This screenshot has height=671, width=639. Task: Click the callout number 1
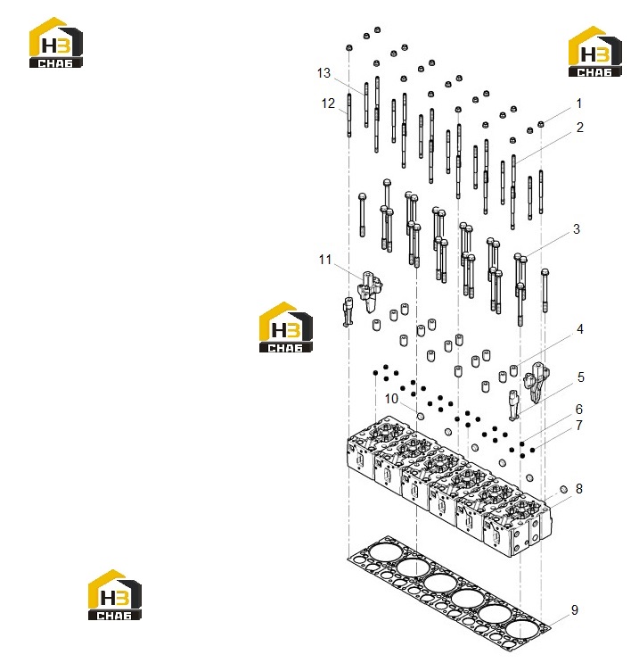(x=579, y=104)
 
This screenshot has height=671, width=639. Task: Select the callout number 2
(x=579, y=128)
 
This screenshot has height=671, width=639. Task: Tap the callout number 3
(x=577, y=229)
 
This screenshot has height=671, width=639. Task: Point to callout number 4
(x=580, y=329)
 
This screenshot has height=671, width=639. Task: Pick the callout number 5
(x=581, y=377)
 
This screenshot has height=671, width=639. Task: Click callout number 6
(x=579, y=409)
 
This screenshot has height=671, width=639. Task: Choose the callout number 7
(x=579, y=426)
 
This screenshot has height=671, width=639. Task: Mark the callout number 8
(x=579, y=489)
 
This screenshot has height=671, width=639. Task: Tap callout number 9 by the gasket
(x=575, y=609)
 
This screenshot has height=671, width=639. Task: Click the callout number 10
(x=391, y=399)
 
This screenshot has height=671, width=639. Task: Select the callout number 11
(x=325, y=260)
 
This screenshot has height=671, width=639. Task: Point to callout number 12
(x=328, y=104)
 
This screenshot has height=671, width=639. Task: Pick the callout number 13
(x=324, y=73)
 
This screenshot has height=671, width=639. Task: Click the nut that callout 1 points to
(x=541, y=124)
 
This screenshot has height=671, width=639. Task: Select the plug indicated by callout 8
(x=563, y=489)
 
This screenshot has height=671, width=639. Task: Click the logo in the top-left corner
(x=55, y=42)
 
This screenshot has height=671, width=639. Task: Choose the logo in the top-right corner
(x=595, y=52)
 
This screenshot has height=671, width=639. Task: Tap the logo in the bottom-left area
(x=115, y=595)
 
